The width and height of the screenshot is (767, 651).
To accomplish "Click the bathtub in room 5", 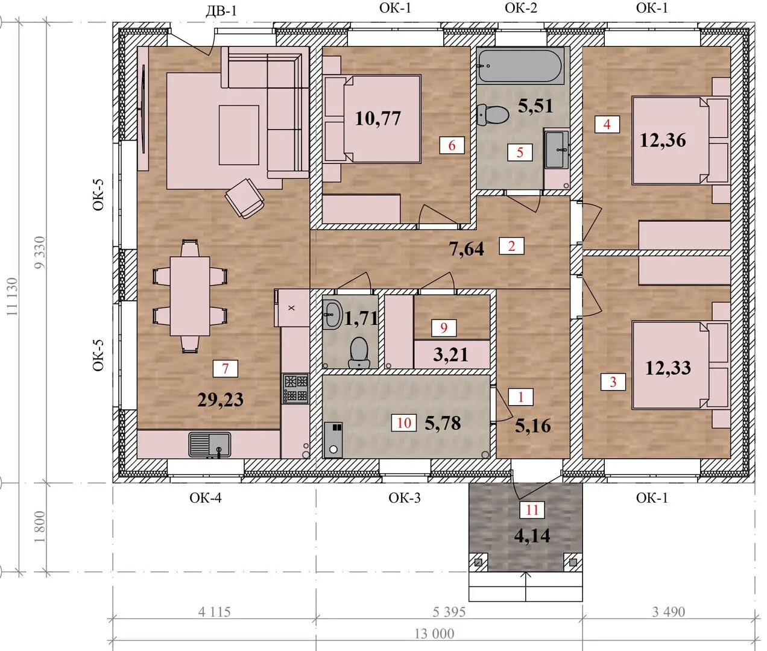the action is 521,66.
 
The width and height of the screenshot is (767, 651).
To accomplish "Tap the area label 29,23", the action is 221,400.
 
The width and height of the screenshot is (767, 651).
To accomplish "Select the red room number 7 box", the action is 226,369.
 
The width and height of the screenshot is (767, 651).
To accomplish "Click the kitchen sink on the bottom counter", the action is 210,444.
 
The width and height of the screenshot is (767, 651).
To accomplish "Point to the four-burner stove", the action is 295,388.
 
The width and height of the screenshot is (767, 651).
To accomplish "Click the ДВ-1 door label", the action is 221,11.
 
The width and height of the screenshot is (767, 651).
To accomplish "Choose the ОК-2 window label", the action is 520,8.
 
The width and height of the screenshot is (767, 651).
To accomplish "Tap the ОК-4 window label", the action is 206,497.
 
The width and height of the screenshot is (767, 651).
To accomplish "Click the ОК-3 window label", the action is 405,497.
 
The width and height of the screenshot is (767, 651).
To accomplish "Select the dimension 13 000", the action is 434,634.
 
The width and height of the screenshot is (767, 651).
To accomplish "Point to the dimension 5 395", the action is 449,612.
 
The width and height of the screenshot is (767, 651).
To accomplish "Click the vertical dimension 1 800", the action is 40,527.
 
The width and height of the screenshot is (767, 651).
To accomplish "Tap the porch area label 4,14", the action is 532,536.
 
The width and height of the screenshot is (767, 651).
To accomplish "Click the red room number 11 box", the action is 532,510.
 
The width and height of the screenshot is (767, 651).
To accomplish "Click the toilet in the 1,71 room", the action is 359,353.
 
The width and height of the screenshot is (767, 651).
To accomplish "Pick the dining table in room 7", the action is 190,296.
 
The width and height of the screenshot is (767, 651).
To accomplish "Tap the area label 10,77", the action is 377,119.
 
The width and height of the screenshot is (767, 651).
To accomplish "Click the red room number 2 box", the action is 511,246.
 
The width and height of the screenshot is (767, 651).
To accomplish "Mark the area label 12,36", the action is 663,140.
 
